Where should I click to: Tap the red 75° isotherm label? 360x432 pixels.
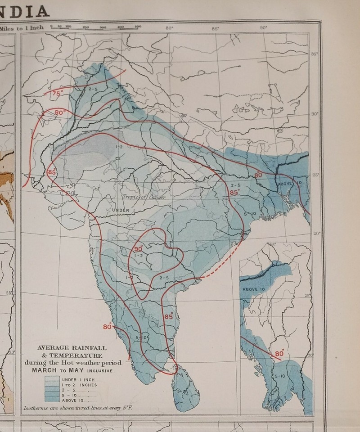(57, 93)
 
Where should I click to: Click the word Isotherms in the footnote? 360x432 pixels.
(37, 409)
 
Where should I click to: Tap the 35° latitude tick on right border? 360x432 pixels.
(314, 54)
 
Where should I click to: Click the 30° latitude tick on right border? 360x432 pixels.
(315, 114)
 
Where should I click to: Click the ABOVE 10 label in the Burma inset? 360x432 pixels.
(255, 289)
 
